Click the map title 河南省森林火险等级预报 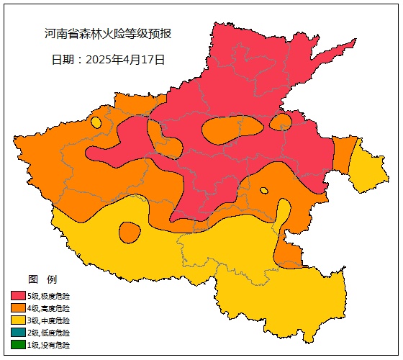coord(107,34)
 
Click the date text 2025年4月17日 coord(108,60)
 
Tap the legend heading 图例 coord(42,279)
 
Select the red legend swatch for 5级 coord(18,295)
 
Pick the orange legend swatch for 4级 coord(18,307)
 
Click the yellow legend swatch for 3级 coord(18,320)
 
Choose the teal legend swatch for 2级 coord(18,333)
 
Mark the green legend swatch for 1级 coord(18,345)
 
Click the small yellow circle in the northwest coord(96,122)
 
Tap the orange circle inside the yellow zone coord(130,232)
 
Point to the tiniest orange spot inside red coord(264,191)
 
